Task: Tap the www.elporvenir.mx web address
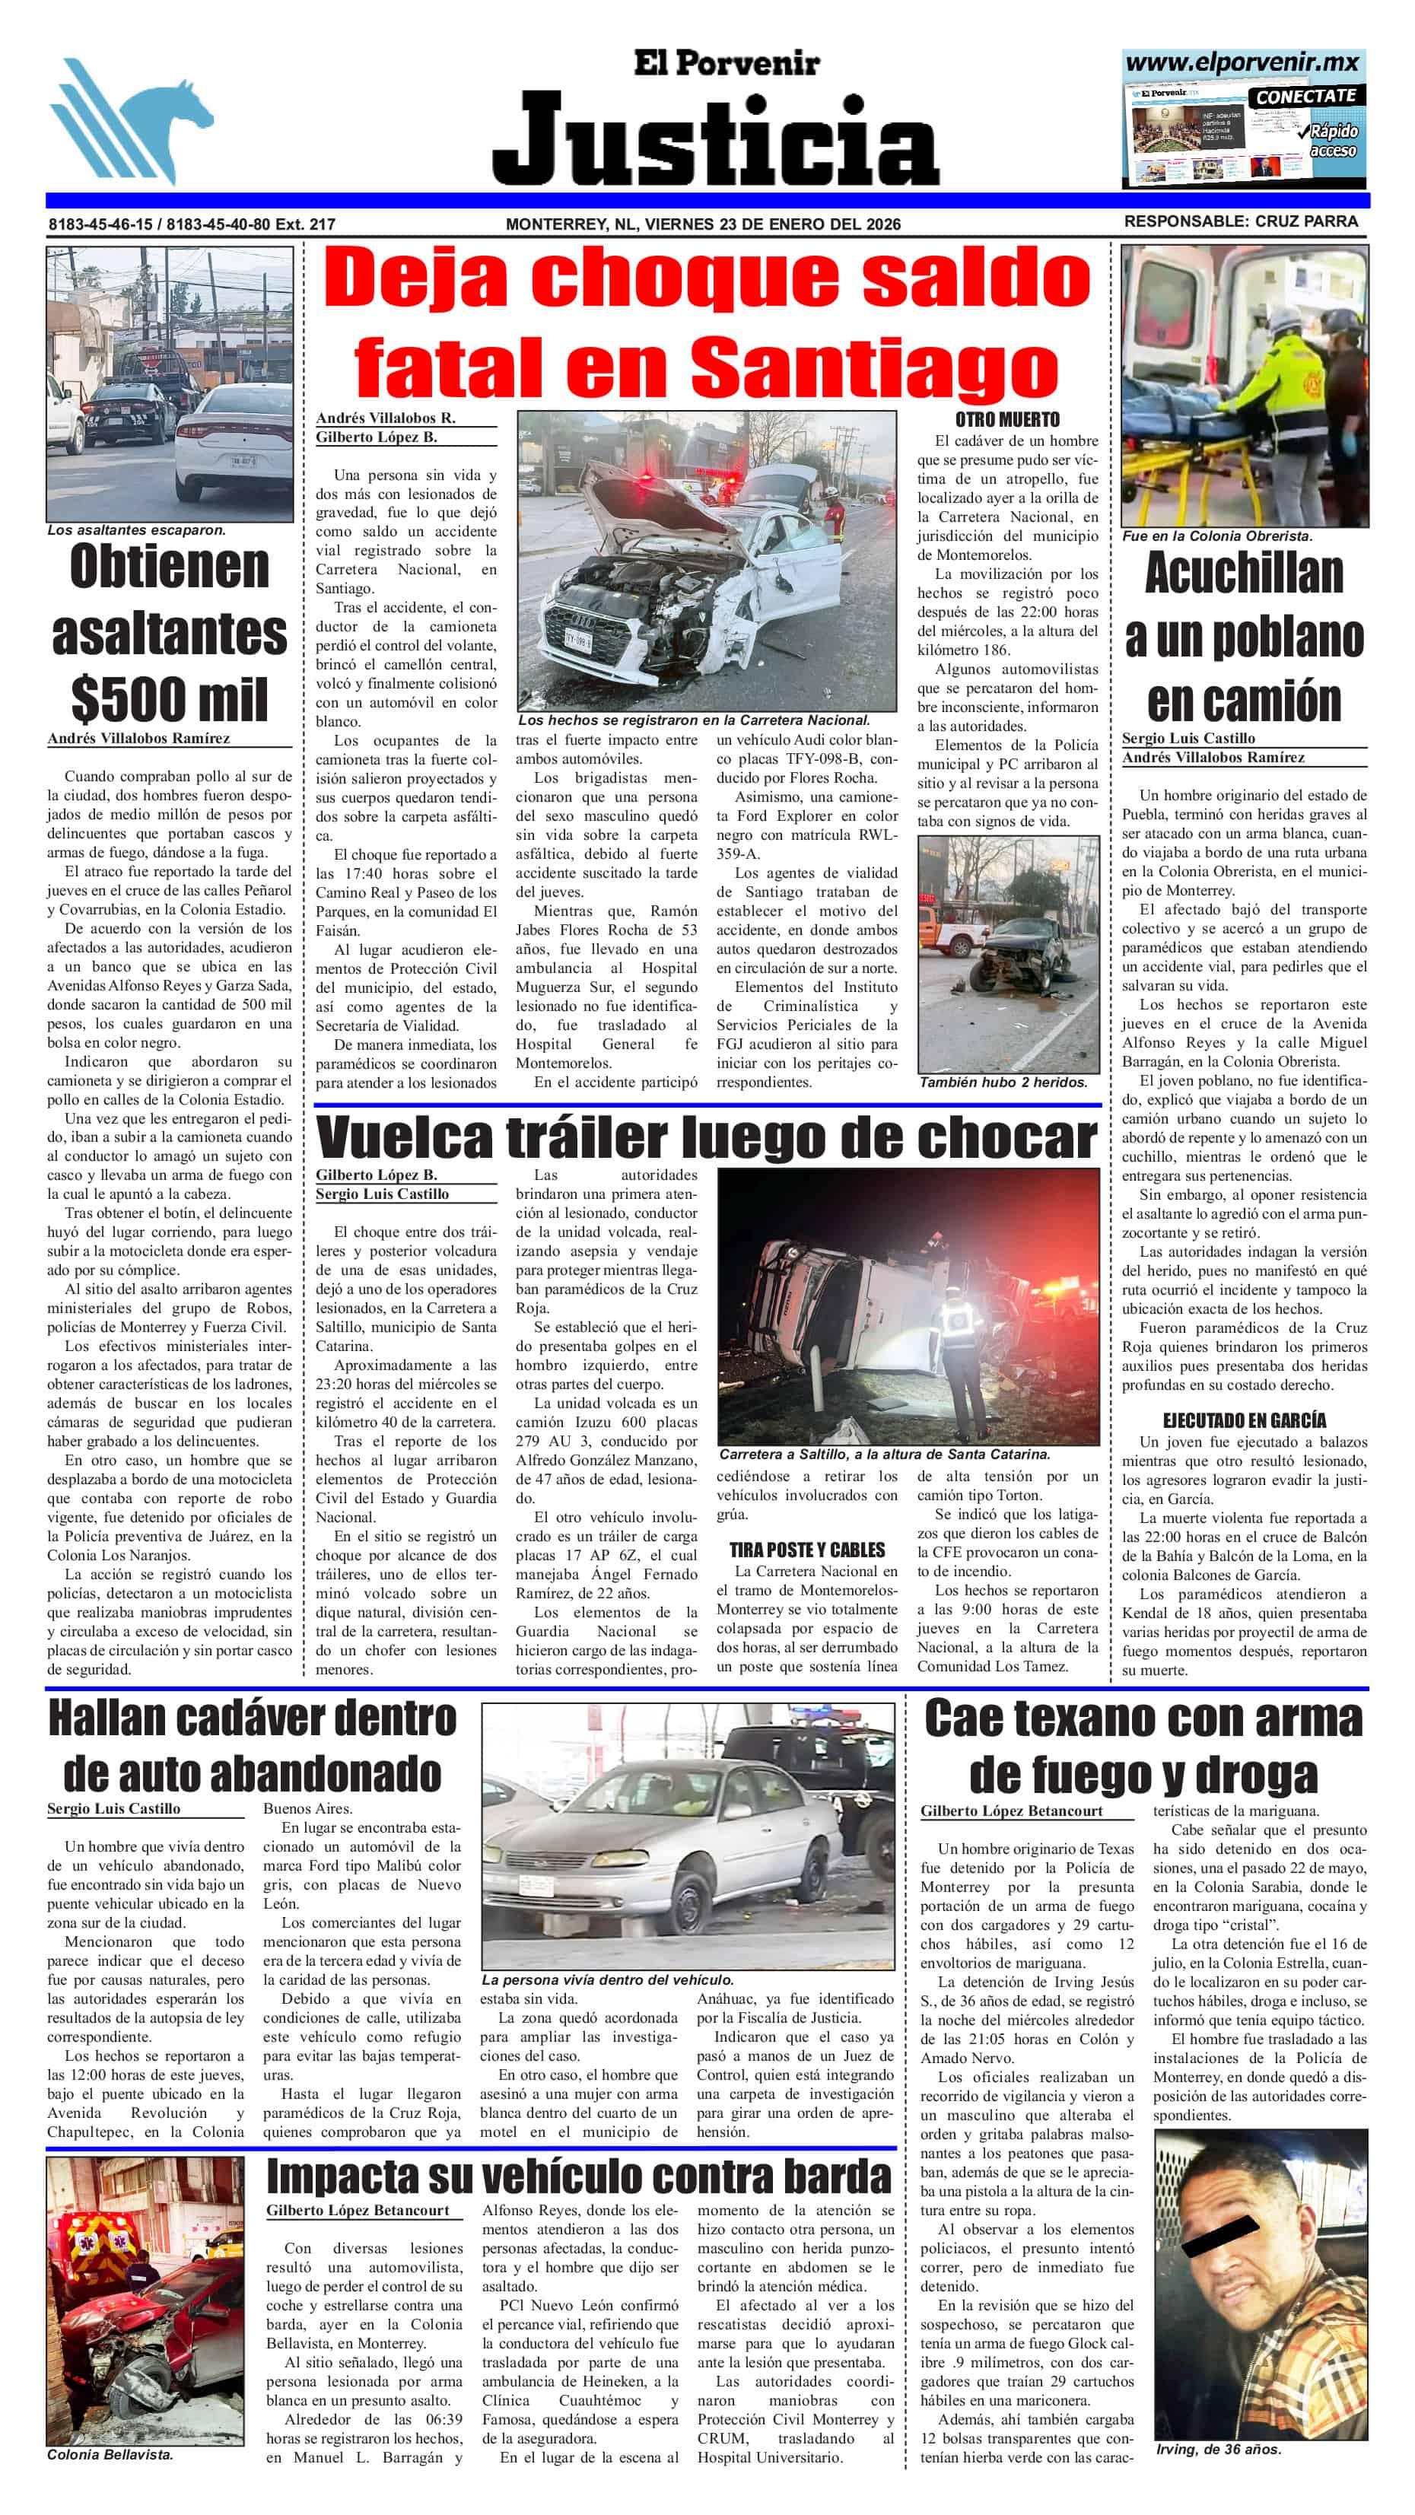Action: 1242,63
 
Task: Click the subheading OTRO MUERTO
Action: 1006,420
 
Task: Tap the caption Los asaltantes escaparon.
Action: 137,530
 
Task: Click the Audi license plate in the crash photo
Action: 578,641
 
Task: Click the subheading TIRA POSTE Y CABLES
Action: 806,1550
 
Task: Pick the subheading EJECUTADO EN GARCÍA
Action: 1244,1420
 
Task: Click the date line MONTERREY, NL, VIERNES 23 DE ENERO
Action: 703,224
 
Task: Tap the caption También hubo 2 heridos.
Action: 1003,1082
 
